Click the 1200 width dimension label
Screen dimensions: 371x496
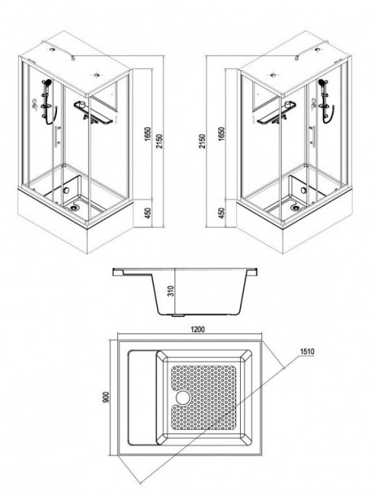click(x=197, y=329)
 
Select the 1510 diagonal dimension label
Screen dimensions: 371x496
click(x=307, y=352)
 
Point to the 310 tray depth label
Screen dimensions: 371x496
click(x=171, y=291)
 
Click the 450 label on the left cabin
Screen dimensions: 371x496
click(x=148, y=213)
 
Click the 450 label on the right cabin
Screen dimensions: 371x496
click(x=222, y=213)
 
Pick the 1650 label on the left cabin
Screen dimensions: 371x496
click(x=148, y=134)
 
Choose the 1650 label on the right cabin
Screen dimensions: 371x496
click(x=222, y=134)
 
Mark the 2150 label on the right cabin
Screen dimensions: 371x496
click(x=202, y=141)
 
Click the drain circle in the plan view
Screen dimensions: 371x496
click(x=182, y=398)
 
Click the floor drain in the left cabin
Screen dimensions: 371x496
click(x=75, y=208)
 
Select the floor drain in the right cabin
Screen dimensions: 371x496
click(x=296, y=208)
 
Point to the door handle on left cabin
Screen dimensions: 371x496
click(x=57, y=137)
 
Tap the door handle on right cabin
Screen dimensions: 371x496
click(x=312, y=137)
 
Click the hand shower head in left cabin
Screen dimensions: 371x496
click(x=47, y=82)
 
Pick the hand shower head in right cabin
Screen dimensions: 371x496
click(x=323, y=82)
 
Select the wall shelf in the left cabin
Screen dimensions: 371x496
click(x=93, y=113)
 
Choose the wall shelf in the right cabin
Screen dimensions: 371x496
click(x=277, y=113)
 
